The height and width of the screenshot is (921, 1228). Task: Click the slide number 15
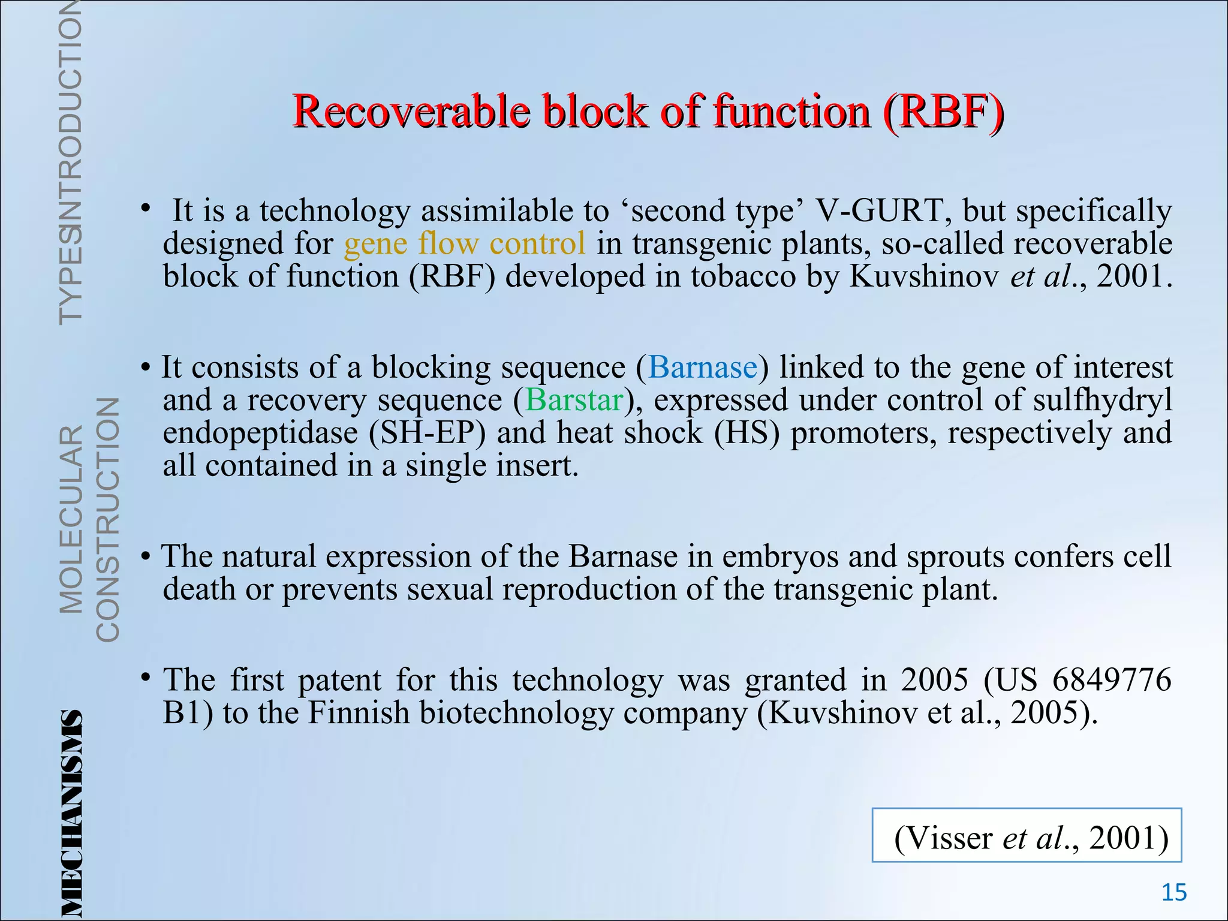pos(1174,893)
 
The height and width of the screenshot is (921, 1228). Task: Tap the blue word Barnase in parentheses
pos(702,367)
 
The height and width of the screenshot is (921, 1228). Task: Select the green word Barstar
pos(574,400)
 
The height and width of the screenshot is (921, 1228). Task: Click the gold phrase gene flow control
pos(464,243)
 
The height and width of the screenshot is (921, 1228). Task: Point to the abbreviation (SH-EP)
pos(427,433)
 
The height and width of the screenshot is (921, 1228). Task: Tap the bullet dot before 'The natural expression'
pos(146,556)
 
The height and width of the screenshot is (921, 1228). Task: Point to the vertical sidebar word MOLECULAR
pos(71,519)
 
